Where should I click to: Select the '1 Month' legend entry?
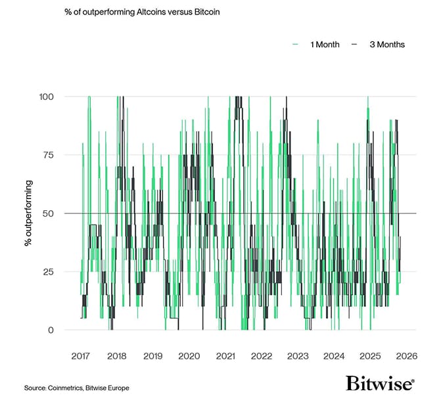pyautogui.click(x=324, y=45)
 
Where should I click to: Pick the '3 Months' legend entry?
pyautogui.click(x=386, y=45)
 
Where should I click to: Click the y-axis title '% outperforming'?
pyautogui.click(x=29, y=213)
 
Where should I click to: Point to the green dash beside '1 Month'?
pyautogui.click(x=295, y=45)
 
